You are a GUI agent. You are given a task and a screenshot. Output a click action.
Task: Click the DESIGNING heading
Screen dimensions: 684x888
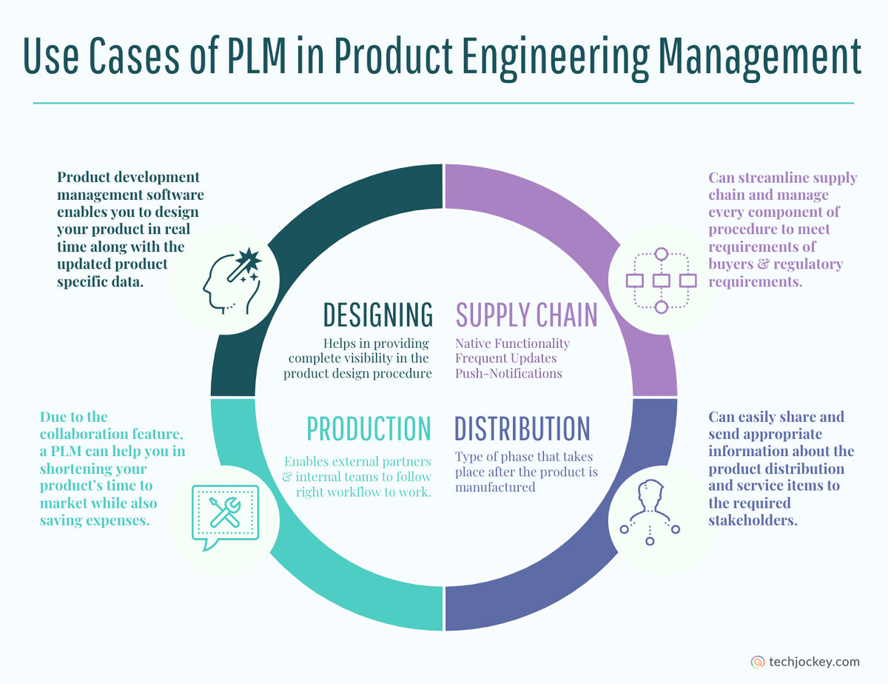point(377,315)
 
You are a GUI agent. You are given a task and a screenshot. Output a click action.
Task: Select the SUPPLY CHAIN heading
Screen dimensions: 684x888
point(526,315)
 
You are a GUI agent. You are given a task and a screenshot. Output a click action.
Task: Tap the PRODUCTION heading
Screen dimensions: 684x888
point(369,429)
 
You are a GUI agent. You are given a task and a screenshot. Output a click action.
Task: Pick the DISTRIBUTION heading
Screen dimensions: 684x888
point(522,429)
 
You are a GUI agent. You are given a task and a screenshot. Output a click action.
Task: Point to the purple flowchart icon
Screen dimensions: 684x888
point(662,281)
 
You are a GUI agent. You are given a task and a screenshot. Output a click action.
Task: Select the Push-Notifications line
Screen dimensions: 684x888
point(508,373)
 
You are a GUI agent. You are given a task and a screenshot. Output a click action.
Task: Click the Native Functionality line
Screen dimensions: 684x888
point(512,343)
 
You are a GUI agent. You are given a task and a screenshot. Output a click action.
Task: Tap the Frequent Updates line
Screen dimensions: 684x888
point(505,358)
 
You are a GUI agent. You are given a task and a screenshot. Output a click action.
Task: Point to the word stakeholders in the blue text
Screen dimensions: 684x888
point(753,520)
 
